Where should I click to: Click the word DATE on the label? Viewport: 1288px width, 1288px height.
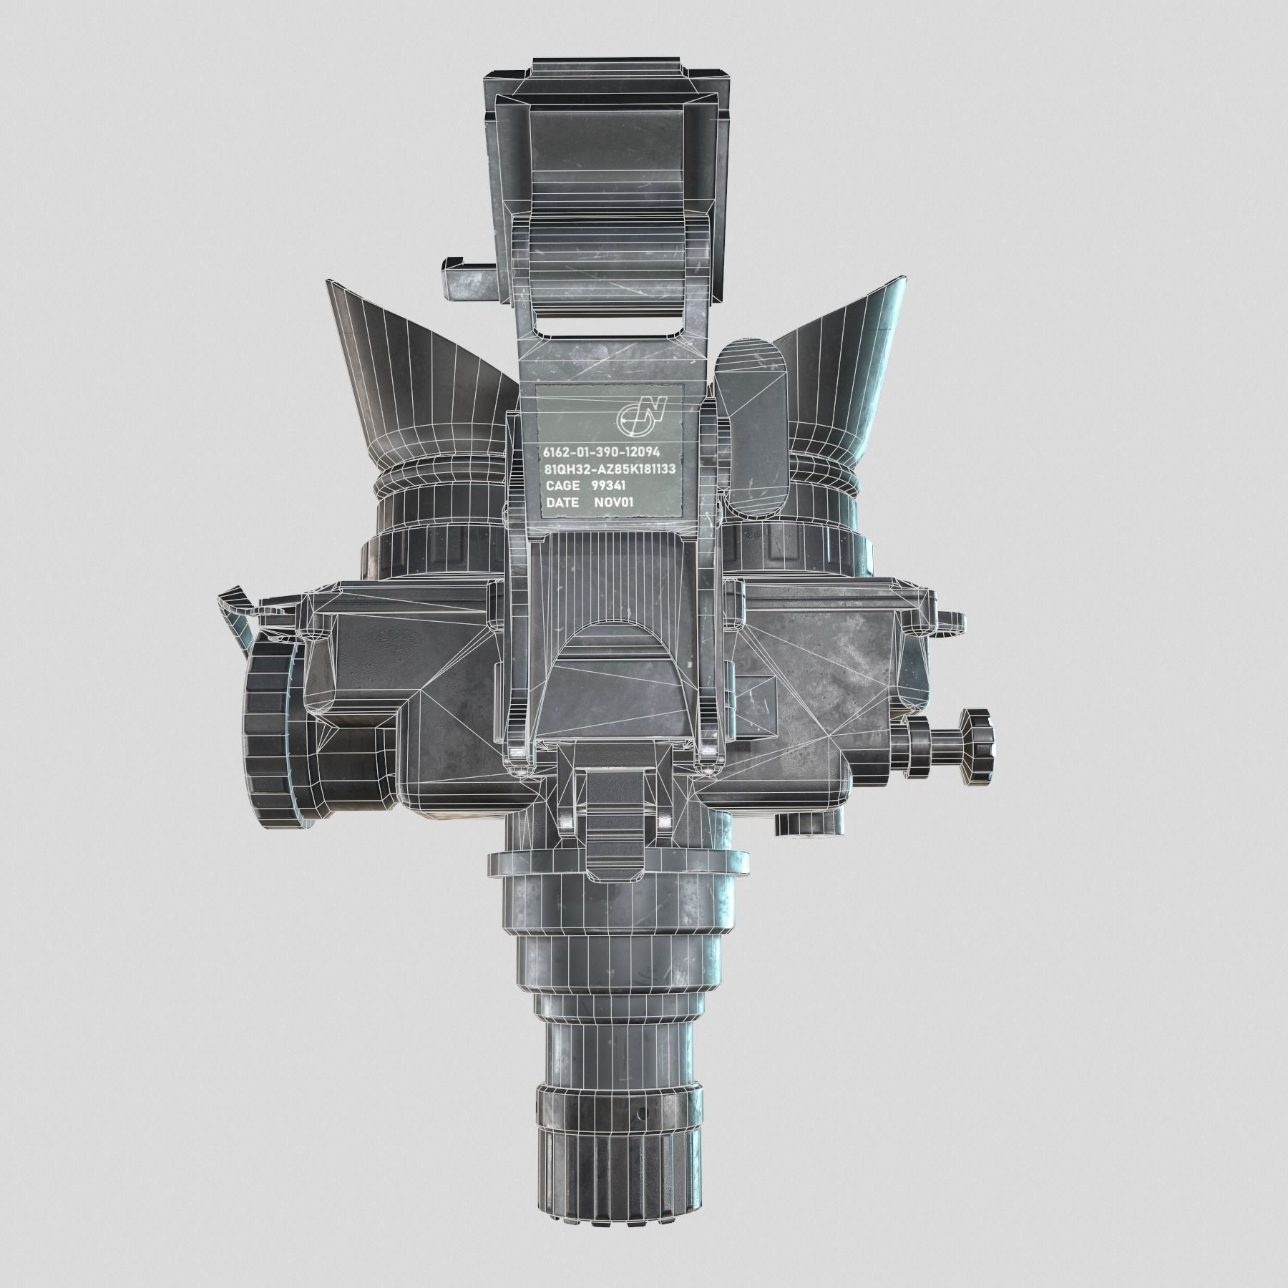point(562,503)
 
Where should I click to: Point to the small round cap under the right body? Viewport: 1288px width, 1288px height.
point(806,824)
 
